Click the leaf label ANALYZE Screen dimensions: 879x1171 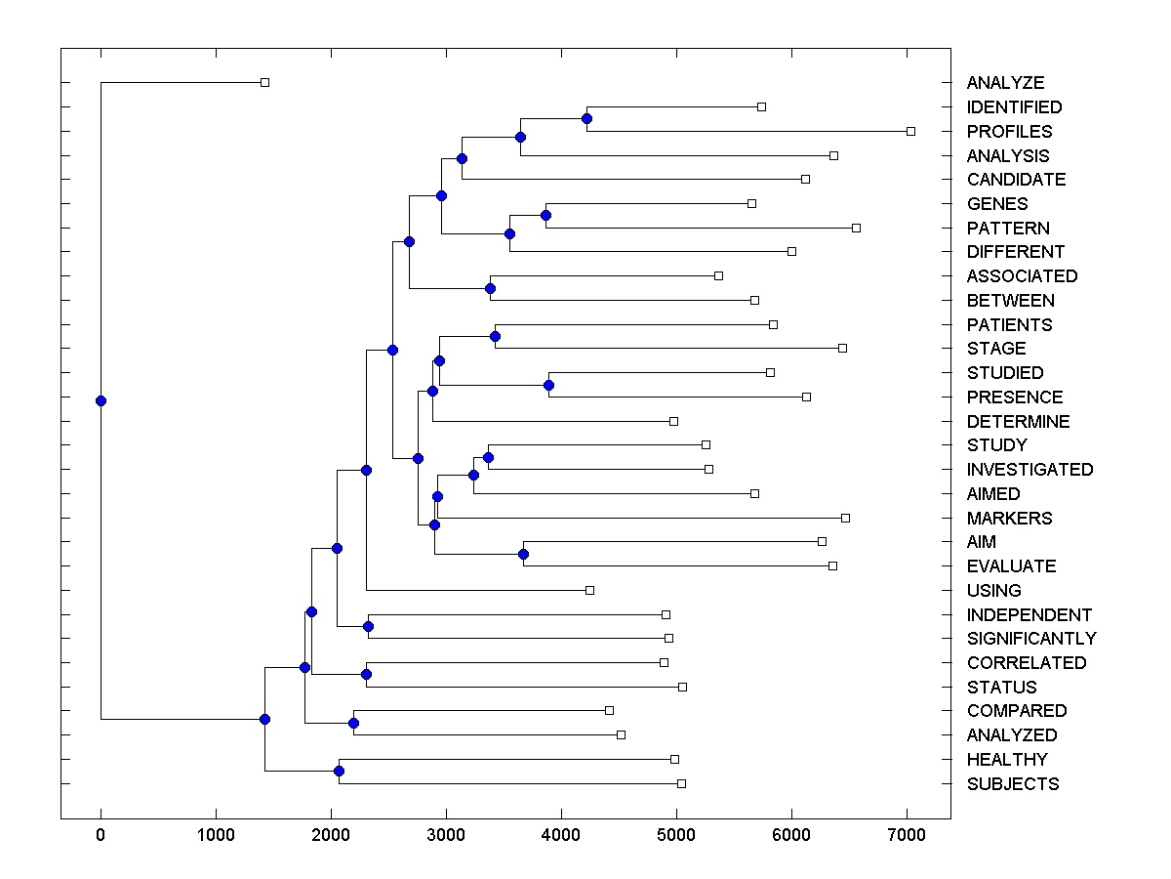coord(1005,83)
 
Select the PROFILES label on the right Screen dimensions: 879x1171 coord(1009,131)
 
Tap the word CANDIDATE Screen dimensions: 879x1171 coord(1016,180)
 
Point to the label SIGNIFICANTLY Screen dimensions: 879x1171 coord(1031,639)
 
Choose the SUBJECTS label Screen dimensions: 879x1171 coord(1012,784)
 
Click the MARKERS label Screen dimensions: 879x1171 coord(1009,519)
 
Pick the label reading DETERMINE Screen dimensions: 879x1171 coord(1018,422)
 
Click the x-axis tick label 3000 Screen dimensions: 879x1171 coord(446,835)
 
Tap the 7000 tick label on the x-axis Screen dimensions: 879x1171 coord(907,835)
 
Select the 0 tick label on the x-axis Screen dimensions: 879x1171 coord(101,835)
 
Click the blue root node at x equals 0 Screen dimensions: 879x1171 coord(101,400)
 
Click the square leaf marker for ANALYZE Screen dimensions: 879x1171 coord(264,82)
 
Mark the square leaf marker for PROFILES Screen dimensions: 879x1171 coord(910,131)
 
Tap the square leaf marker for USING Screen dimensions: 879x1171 coord(589,590)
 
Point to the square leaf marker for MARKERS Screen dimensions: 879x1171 coord(845,518)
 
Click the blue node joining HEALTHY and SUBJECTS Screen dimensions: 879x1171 coord(339,772)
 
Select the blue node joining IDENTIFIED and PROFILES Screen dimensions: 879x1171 coord(586,119)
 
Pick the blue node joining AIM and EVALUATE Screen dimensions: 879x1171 coord(523,555)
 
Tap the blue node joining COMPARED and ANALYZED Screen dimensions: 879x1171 coord(353,723)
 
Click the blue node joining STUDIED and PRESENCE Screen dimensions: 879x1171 coord(548,385)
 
